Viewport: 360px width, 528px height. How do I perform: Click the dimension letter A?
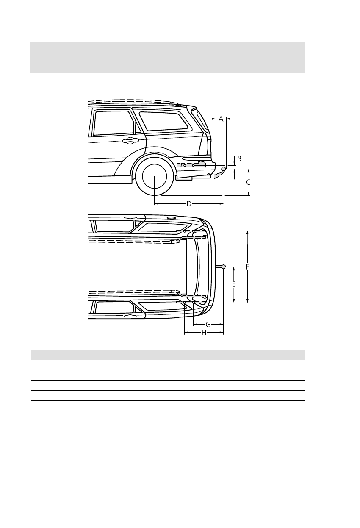[221, 119]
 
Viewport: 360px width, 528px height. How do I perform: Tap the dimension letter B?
[239, 158]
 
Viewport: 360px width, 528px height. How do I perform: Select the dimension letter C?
[249, 182]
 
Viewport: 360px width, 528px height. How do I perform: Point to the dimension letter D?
[189, 204]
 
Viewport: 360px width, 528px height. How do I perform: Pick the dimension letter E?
[233, 284]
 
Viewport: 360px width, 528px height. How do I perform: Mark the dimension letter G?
[208, 325]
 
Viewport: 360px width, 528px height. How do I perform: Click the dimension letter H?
[204, 333]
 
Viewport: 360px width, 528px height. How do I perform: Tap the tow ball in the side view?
[224, 169]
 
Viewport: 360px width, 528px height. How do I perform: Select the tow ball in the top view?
[223, 267]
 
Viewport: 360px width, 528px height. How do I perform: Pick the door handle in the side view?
[130, 141]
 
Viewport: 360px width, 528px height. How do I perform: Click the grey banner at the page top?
[168, 57]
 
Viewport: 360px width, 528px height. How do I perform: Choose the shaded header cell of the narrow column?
[280, 355]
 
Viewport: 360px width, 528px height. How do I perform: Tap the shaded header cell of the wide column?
[144, 355]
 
